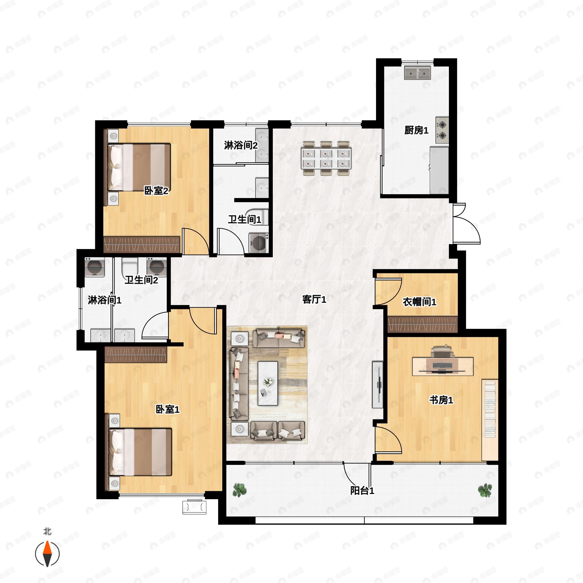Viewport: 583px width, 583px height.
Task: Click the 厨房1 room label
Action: [416, 130]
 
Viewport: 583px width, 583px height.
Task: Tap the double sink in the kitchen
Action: [418, 73]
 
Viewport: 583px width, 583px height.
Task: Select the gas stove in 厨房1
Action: [442, 130]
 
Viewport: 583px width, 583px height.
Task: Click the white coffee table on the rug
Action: [268, 383]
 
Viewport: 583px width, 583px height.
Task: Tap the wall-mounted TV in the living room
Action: [378, 385]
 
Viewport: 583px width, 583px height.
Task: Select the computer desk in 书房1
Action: [443, 366]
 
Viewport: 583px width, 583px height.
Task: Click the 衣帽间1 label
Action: [420, 302]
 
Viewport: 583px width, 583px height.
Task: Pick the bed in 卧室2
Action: [139, 167]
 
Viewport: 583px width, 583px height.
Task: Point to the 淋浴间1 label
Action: [104, 300]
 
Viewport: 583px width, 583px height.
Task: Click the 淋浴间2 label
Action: [241, 145]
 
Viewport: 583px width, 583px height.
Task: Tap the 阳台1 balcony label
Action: [362, 491]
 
